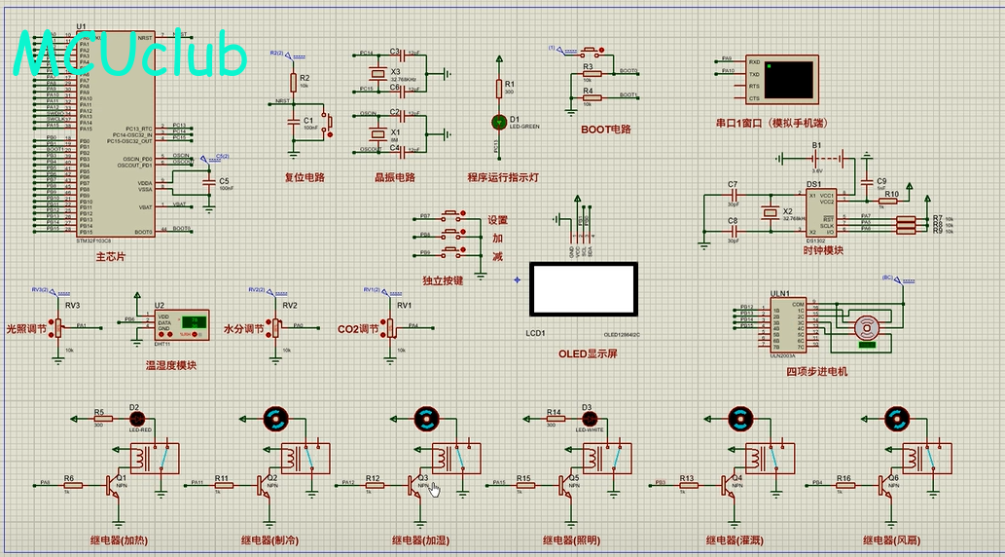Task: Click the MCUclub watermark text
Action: [131, 56]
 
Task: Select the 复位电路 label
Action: [304, 177]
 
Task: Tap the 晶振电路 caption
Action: [394, 177]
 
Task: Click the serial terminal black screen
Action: [789, 80]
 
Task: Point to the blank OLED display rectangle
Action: [584, 289]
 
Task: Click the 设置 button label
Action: [497, 220]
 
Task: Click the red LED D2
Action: [134, 419]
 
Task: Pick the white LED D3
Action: [587, 419]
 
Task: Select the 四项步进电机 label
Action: [816, 371]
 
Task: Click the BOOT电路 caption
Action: [605, 129]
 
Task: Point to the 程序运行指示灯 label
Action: [502, 177]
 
